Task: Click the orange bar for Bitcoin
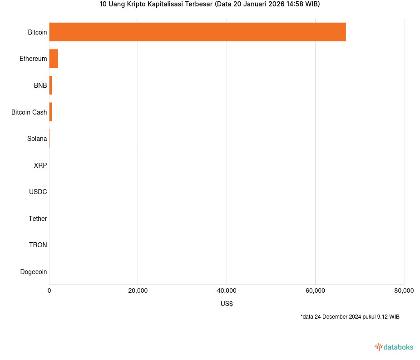click(x=198, y=32)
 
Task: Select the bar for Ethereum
click(x=54, y=59)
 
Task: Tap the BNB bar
click(x=50, y=85)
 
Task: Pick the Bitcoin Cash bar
click(x=50, y=112)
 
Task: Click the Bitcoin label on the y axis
click(x=37, y=32)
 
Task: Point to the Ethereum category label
click(x=33, y=59)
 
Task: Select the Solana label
click(x=37, y=139)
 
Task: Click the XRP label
click(x=40, y=165)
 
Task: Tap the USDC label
click(x=38, y=192)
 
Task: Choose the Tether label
click(x=38, y=219)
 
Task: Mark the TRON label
click(x=38, y=245)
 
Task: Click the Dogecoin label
click(x=33, y=272)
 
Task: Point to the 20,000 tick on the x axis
click(x=138, y=291)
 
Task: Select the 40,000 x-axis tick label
click(x=227, y=291)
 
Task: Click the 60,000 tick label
click(x=315, y=291)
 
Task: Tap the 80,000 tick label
click(x=404, y=291)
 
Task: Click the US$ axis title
click(x=227, y=304)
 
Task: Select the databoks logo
click(x=394, y=347)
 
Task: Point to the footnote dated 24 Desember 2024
click(x=350, y=317)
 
